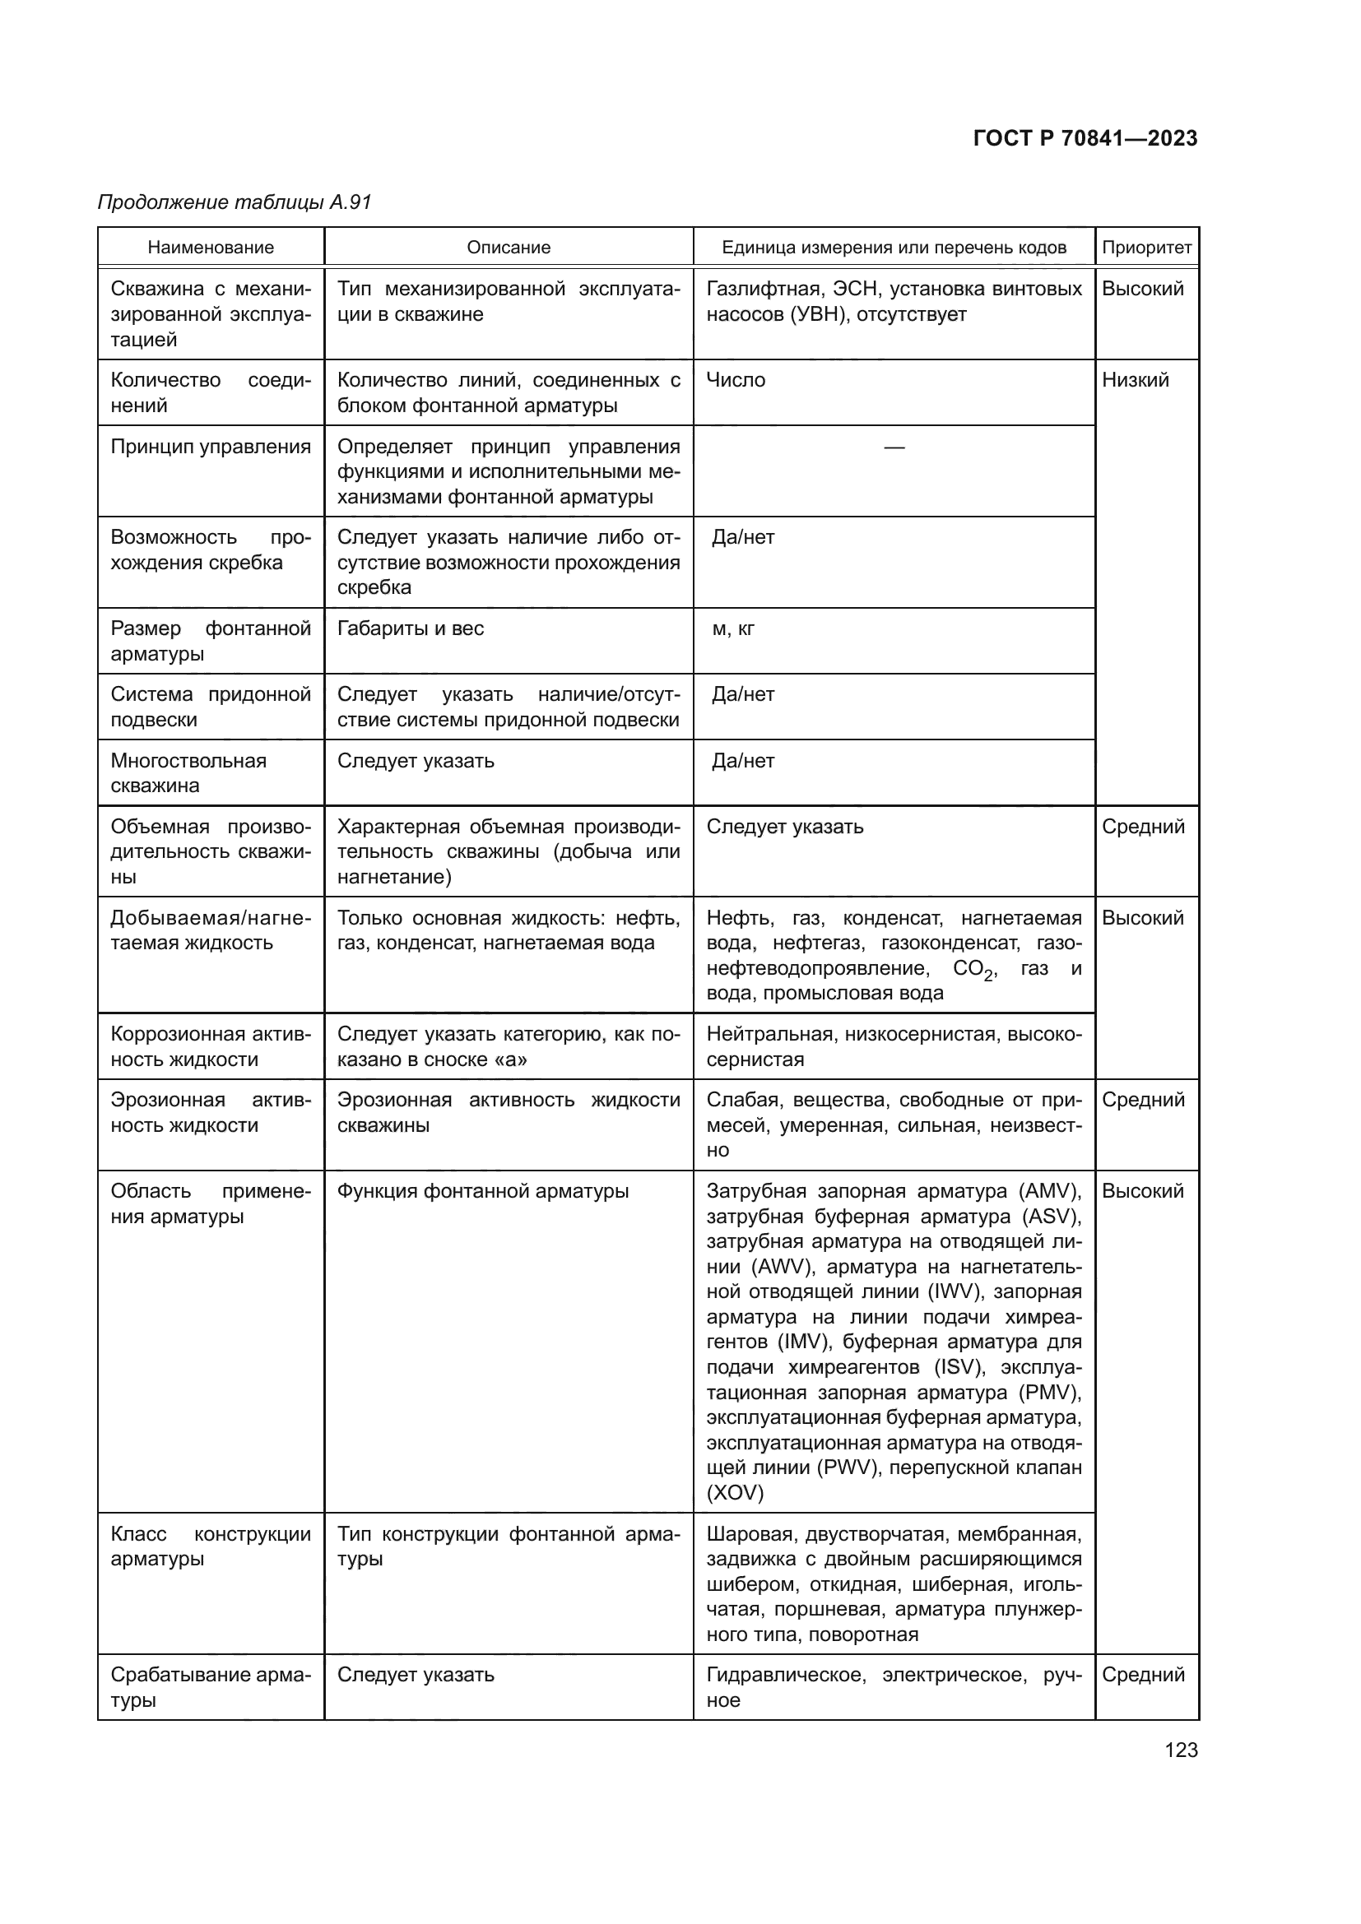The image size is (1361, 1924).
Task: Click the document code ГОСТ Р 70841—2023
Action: coord(1085,138)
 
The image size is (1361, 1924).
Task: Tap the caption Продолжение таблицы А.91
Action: coord(234,202)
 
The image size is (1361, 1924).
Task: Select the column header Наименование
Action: coord(211,248)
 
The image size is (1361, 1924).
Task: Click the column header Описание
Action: coord(508,248)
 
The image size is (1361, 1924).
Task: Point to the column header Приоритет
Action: coord(1145,248)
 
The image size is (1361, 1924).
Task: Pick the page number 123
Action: coord(1181,1750)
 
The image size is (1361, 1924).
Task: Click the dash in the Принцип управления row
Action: coord(894,447)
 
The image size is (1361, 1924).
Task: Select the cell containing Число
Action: coord(735,381)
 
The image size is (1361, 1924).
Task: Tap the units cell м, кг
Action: coord(732,628)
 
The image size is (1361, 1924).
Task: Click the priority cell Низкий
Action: coord(1135,381)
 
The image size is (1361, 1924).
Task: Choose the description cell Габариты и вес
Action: coord(411,628)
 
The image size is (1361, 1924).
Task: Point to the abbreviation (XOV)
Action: coord(734,1492)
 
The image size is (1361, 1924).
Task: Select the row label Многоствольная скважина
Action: coord(188,772)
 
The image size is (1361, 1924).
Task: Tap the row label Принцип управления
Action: coord(211,447)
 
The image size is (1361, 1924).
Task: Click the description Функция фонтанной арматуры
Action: coord(483,1191)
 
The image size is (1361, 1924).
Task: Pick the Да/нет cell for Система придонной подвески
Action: coord(742,695)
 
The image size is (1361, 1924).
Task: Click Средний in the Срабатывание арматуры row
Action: coord(1142,1674)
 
